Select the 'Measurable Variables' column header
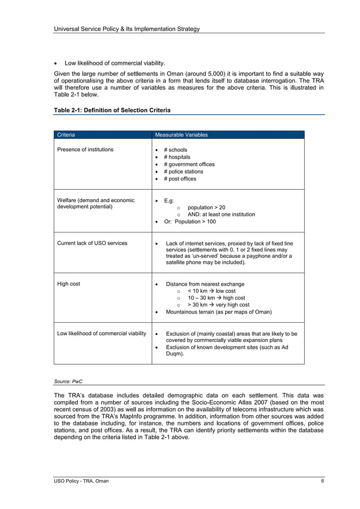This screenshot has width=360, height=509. (181, 135)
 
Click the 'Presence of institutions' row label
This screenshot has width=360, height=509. (85, 150)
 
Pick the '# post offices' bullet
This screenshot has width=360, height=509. (180, 179)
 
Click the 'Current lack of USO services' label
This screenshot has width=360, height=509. (92, 243)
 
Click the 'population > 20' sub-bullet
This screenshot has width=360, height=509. (206, 208)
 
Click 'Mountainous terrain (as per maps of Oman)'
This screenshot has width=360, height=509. (218, 312)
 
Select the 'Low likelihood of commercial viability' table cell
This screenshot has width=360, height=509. (102, 334)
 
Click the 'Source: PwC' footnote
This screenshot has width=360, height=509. (68, 381)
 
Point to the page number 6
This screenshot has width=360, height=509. (322, 481)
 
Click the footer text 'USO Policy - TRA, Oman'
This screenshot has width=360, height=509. (78, 481)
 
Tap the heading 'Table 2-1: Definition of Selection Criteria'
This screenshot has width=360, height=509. (112, 110)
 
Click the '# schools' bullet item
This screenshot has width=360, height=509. (175, 150)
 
